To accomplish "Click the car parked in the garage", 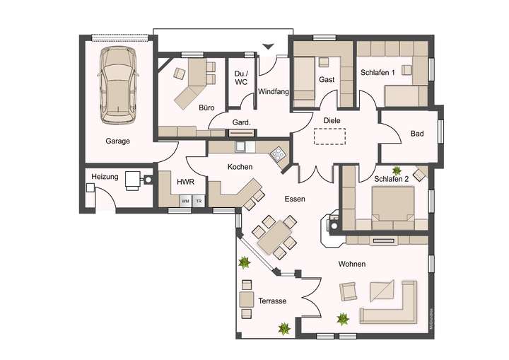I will pos(119,83).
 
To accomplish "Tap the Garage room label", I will pos(118,141).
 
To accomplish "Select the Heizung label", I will pos(105,176).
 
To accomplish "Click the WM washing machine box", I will pos(185,202).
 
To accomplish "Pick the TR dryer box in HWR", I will pos(199,202).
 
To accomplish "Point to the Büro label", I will pos(206,108).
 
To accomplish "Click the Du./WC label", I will pos(241,77).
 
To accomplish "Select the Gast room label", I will pos(327,80).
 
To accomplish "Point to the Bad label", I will pos(417,134).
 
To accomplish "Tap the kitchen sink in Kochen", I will pos(241,146).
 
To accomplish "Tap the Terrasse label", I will pos(272,301).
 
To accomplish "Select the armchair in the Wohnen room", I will pos(349,291).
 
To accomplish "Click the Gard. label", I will pos(242,122).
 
